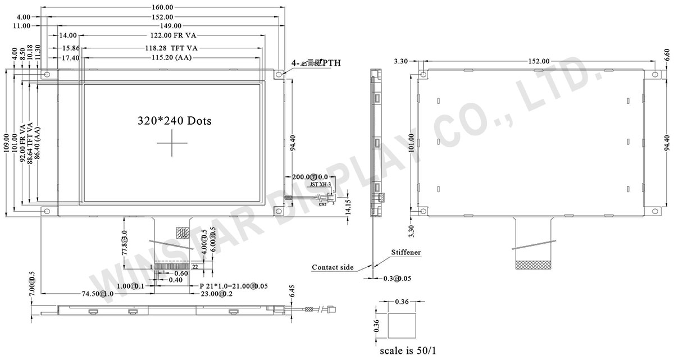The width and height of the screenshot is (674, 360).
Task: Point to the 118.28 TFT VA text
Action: pos(169,48)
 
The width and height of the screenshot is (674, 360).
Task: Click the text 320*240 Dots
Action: pos(175,121)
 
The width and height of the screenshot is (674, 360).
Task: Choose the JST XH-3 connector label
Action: pos(320,184)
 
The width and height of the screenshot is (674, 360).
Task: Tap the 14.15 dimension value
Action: pos(348,207)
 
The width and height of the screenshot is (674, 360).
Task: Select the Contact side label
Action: pos(333,267)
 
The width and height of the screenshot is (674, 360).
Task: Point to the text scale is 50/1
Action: pos(408,352)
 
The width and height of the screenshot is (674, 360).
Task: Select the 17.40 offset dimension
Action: pos(71,58)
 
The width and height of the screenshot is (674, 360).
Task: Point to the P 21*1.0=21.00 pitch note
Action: pos(234,286)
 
